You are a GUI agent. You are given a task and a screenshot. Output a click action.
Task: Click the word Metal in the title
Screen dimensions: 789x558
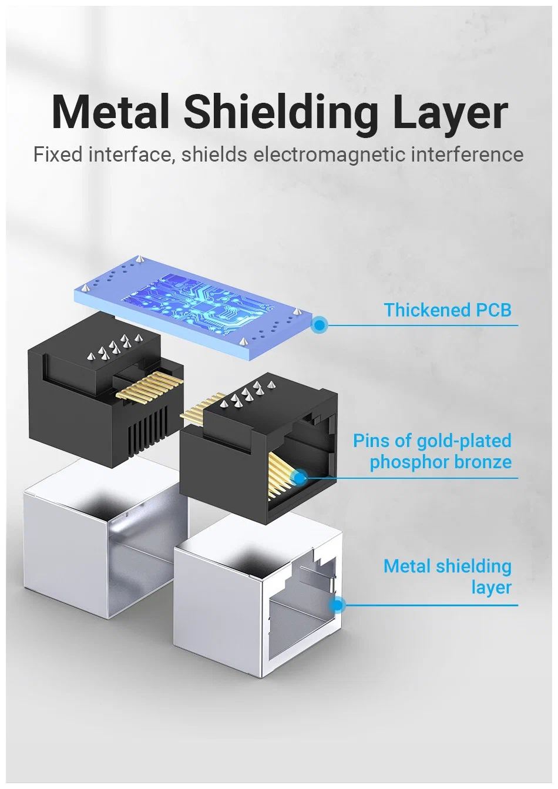coord(110,112)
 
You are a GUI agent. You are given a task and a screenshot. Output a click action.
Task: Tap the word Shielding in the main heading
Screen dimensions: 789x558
coord(281,112)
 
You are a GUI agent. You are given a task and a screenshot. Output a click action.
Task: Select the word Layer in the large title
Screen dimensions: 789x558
coord(449,112)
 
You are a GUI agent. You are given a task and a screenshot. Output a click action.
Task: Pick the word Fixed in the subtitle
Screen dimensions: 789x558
coord(58,155)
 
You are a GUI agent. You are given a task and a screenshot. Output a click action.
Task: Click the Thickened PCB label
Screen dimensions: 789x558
coord(447,310)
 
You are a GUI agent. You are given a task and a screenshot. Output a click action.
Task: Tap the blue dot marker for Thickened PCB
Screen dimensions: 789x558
coord(320,324)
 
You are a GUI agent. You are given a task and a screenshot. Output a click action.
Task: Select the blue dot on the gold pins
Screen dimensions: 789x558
coord(300,478)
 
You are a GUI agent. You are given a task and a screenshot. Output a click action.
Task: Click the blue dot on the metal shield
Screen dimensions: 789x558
coord(337,605)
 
